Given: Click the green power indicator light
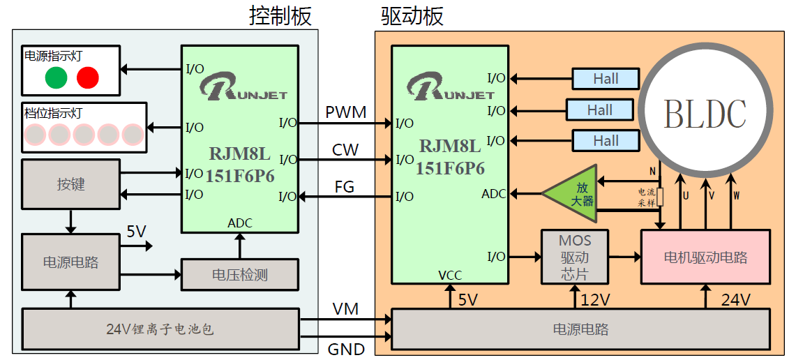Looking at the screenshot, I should [x=56, y=77].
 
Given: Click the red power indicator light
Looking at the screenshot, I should [x=87, y=77].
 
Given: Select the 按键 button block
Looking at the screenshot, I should [x=70, y=184].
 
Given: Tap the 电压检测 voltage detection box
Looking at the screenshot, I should [x=239, y=275].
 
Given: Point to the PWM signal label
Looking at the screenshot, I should [x=345, y=112].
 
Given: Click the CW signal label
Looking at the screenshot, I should [x=345, y=149].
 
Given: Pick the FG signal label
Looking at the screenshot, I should [x=344, y=186].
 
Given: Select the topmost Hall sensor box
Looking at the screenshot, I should [x=606, y=79].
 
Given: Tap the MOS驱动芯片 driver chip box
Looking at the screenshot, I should [x=575, y=257].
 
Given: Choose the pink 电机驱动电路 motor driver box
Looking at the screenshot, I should [x=705, y=257].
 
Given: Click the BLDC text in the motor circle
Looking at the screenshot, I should [x=705, y=114].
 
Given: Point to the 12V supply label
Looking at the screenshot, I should [x=596, y=300].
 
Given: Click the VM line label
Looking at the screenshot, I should [x=345, y=308].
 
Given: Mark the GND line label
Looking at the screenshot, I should [x=347, y=349].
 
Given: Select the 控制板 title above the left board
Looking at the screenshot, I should [x=280, y=16].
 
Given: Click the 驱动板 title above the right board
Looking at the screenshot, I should [x=412, y=16].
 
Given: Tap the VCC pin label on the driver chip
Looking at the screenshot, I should [x=450, y=275].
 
